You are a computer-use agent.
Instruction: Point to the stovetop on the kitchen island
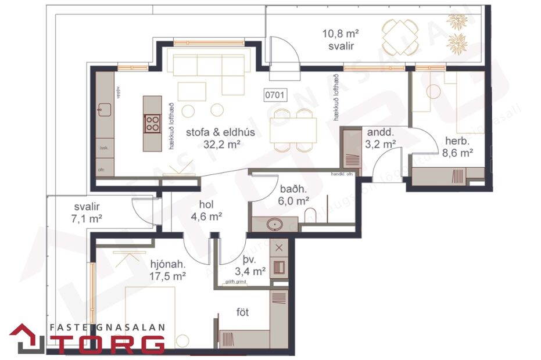click(153, 123)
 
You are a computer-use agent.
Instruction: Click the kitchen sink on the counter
click(103, 109)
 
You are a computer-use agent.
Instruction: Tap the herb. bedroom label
click(457, 141)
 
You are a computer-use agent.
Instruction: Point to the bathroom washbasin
click(274, 223)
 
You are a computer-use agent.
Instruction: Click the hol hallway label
click(207, 205)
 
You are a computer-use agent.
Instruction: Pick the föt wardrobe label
click(243, 312)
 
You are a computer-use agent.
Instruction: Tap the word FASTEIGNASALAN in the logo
click(108, 327)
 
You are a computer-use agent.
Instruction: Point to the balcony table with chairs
click(400, 35)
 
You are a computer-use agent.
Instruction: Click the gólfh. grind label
click(234, 282)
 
